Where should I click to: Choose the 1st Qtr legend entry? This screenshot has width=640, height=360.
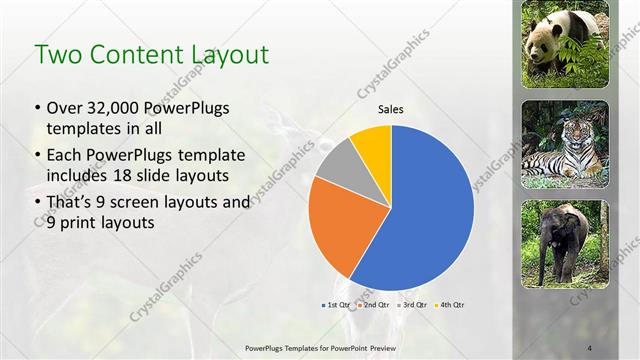335,304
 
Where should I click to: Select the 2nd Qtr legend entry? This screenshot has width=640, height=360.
374,304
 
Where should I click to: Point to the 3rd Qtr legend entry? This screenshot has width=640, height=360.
412,304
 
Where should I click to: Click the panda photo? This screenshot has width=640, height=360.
565,44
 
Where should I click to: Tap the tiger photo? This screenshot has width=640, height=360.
565,144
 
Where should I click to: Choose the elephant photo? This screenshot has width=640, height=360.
565,244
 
